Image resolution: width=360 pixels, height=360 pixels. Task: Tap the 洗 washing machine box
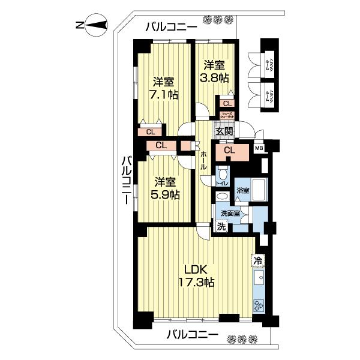tap(221, 227)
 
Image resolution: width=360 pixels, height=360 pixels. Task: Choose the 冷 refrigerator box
tap(257, 260)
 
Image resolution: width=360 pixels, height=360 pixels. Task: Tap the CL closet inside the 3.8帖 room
tap(227, 103)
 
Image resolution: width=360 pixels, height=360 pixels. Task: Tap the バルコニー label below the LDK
tap(191, 335)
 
